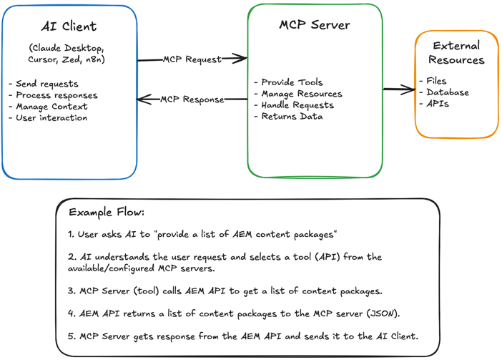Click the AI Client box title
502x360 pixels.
point(69,26)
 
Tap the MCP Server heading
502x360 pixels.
point(315,24)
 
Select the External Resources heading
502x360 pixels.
point(456,53)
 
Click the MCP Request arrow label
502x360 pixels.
point(192,59)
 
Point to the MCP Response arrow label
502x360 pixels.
point(192,99)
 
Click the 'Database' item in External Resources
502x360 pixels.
point(448,92)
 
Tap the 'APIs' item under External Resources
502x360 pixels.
point(438,104)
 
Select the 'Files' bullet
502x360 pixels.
point(436,81)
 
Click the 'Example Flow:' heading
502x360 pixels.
point(107,213)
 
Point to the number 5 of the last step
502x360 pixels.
point(71,336)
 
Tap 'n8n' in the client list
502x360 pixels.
point(94,59)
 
